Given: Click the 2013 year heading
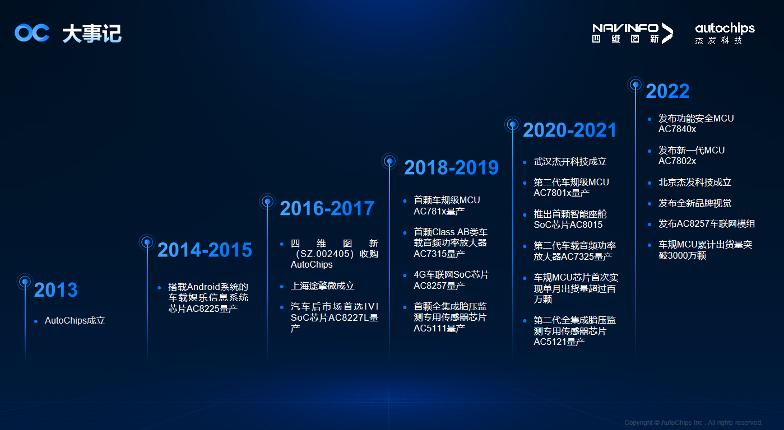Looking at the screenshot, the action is pos(56,290).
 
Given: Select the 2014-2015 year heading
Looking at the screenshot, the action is pos(205,250).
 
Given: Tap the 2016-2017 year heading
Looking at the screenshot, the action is pos(327,208).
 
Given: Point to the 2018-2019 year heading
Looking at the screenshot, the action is pos(451,167).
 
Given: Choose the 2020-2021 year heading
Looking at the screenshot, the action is pos(569,130).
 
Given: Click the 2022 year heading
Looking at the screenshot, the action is pos(667,91).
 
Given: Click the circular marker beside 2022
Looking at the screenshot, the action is pos(635,85).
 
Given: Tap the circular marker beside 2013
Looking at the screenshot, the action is pos(25,282).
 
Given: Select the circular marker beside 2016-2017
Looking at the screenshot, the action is pos(267,202).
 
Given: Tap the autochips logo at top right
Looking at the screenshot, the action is pos(725,33).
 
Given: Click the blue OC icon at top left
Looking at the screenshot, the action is pos(32,33).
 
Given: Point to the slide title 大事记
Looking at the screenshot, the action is pos(92,34).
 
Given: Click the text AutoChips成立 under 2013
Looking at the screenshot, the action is pos(75,321).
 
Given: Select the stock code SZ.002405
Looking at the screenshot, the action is pos(325,254).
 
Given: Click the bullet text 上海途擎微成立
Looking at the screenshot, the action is pos(322,286).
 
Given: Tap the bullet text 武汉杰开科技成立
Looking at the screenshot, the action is pos(570,161).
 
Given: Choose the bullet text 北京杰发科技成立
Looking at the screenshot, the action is pos(695,182).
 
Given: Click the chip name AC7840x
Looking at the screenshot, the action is pos(677,129).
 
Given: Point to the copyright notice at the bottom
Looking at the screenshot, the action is pos(693,423).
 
